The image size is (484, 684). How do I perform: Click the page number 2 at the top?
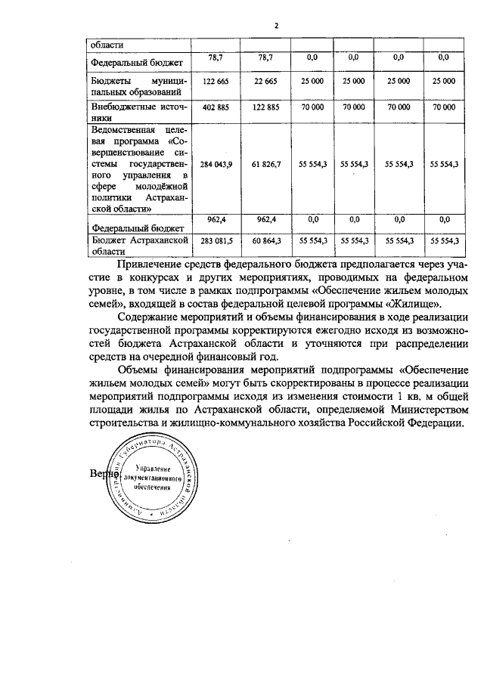click(x=277, y=26)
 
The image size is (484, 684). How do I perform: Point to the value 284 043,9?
click(x=216, y=163)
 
